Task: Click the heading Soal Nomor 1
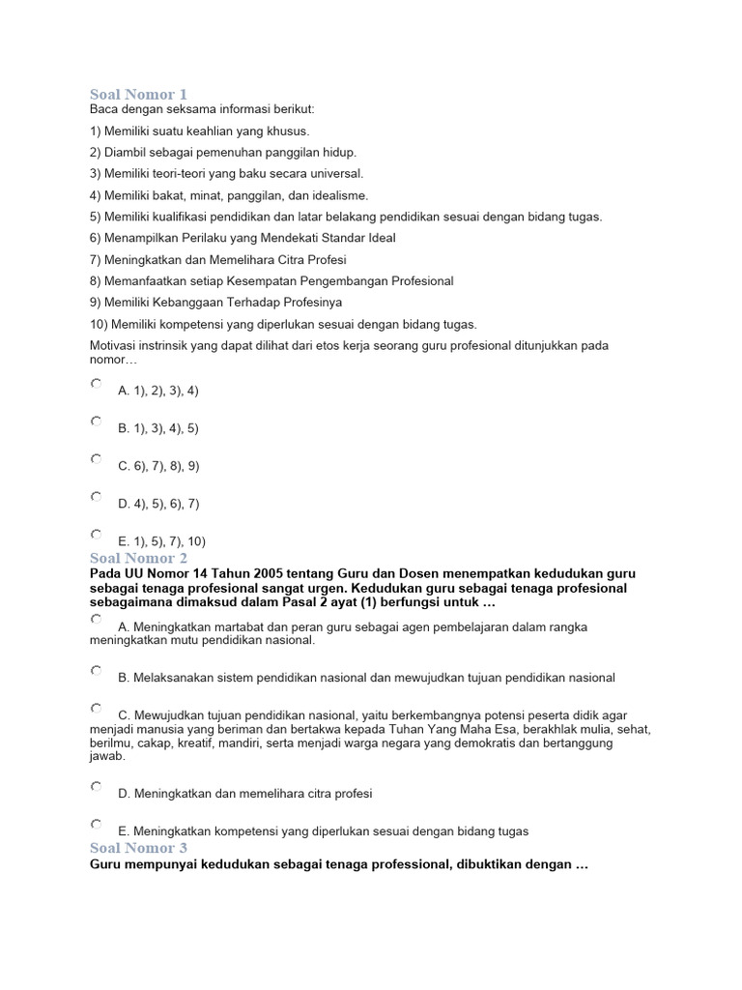tap(138, 94)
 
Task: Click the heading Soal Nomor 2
tap(138, 558)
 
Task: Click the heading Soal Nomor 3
tap(138, 848)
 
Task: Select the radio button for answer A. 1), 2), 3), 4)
tap(96, 384)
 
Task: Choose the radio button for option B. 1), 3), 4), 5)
tap(96, 422)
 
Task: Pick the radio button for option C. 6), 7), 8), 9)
tap(96, 459)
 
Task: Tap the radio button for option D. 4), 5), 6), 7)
tap(96, 497)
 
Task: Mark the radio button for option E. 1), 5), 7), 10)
tap(96, 534)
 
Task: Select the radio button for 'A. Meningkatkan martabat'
tap(96, 619)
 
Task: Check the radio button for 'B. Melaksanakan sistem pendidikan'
tap(96, 670)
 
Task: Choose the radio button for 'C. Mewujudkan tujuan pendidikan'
tap(96, 708)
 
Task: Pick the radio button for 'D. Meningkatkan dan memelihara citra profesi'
tap(96, 786)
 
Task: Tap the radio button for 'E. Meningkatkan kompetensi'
tap(96, 824)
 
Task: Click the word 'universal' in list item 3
tap(332, 174)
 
